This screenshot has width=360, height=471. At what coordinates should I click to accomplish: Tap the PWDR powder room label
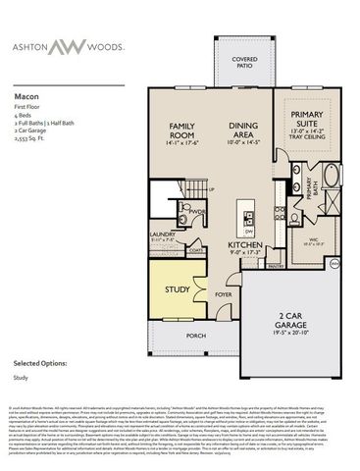point(196,211)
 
